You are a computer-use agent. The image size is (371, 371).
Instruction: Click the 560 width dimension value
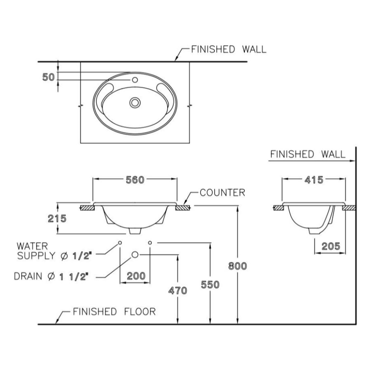click(x=135, y=180)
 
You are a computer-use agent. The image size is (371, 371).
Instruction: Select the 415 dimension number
click(x=313, y=179)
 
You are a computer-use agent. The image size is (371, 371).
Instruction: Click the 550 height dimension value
click(x=210, y=284)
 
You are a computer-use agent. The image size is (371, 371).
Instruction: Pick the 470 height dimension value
click(x=178, y=291)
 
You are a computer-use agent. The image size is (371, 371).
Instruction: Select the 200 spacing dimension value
click(x=135, y=276)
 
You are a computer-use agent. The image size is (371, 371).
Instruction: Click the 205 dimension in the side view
click(x=331, y=247)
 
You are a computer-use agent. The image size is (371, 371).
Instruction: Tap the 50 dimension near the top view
click(x=48, y=77)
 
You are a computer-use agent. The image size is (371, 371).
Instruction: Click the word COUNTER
click(x=222, y=193)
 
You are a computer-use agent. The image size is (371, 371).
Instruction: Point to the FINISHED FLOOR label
click(x=114, y=311)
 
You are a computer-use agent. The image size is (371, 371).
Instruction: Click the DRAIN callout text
click(x=52, y=276)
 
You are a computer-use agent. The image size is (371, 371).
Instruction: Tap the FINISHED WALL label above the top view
click(x=228, y=49)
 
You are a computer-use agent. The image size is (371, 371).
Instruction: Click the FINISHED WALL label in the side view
click(x=307, y=154)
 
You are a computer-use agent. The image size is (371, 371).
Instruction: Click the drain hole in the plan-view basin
click(x=134, y=102)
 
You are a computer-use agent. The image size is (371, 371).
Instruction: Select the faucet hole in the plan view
click(x=134, y=79)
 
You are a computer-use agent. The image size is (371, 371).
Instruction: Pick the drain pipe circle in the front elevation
click(x=135, y=255)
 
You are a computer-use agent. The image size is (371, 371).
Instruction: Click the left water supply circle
click(x=120, y=242)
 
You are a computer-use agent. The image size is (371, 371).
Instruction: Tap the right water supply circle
click(x=150, y=242)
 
